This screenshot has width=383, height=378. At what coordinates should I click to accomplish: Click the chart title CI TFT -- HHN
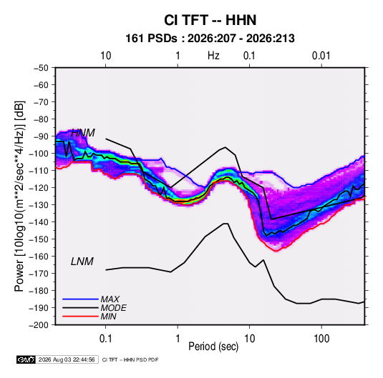pyautogui.click(x=210, y=20)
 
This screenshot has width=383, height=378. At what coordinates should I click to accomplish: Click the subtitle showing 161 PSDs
pyautogui.click(x=210, y=39)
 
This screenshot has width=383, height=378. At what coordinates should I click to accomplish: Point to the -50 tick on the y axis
pyautogui.click(x=41, y=68)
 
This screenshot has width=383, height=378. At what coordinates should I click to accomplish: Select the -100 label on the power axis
pyautogui.click(x=39, y=154)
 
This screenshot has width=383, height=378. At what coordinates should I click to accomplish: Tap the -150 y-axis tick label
pyautogui.click(x=39, y=239)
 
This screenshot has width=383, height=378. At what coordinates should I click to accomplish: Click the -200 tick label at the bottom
pyautogui.click(x=39, y=325)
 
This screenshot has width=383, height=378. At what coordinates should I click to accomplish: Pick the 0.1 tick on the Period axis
pyautogui.click(x=105, y=339)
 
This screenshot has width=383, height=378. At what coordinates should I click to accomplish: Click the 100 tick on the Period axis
pyautogui.click(x=321, y=339)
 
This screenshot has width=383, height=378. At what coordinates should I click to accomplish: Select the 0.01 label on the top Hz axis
pyautogui.click(x=321, y=56)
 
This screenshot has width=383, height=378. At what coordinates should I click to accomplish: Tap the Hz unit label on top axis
pyautogui.click(x=213, y=56)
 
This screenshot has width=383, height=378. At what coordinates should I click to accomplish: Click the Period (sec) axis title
pyautogui.click(x=213, y=347)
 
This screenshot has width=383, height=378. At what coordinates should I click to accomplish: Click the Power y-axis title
pyautogui.click(x=19, y=197)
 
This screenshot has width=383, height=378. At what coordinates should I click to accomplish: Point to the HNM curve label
pyautogui.click(x=83, y=133)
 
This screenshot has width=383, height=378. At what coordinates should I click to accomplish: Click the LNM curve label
pyautogui.click(x=82, y=262)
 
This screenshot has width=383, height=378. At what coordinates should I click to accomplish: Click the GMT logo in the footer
pyautogui.click(x=26, y=359)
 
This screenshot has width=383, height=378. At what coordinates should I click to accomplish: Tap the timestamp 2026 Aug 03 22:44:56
pyautogui.click(x=67, y=359)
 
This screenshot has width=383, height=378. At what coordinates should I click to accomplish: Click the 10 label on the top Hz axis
pyautogui.click(x=106, y=56)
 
